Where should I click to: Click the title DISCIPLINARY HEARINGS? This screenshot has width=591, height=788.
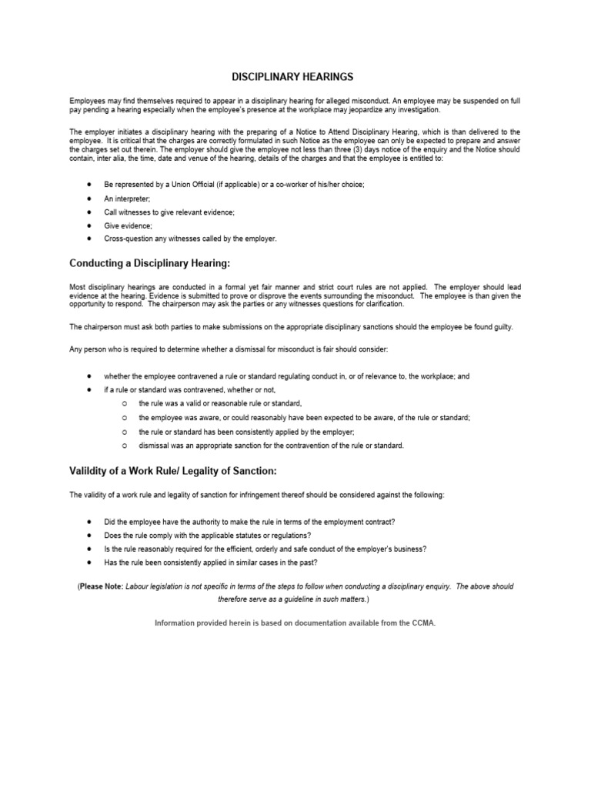click(292, 77)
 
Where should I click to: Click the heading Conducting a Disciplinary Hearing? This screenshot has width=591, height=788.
click(149, 263)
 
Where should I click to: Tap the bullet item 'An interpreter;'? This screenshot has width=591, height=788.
click(128, 198)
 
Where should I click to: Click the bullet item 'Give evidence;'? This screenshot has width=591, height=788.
click(129, 225)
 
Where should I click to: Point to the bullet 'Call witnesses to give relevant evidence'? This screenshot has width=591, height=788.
click(170, 212)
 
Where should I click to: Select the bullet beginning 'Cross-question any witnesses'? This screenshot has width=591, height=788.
click(190, 239)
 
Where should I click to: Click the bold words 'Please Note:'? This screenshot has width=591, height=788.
click(102, 586)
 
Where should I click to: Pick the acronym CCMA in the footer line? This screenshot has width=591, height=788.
click(423, 623)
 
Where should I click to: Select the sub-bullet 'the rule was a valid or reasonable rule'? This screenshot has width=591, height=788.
click(220, 403)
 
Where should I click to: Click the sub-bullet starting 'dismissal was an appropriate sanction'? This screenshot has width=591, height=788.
click(271, 445)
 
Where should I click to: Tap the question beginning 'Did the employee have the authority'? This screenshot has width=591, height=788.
click(249, 521)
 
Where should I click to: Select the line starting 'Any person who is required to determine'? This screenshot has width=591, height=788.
click(229, 349)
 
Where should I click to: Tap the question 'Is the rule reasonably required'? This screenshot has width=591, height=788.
click(265, 549)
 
